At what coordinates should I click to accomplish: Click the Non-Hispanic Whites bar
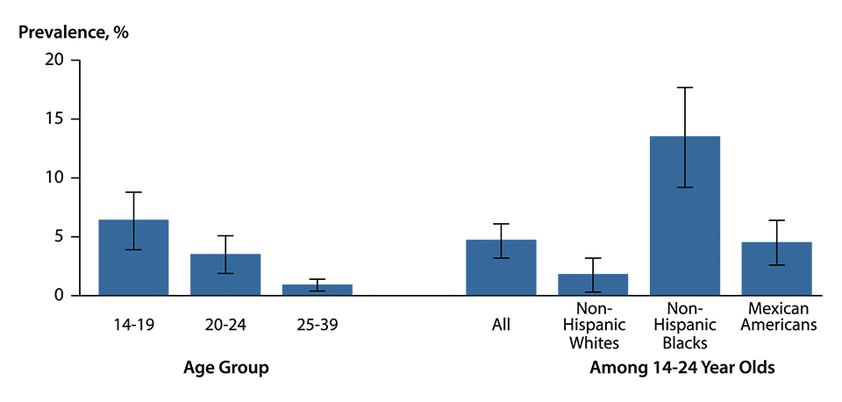coord(593,284)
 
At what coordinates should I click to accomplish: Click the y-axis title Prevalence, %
coord(74,32)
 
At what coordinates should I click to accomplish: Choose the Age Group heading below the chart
coord(225,369)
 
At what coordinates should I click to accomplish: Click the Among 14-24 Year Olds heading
coord(682,369)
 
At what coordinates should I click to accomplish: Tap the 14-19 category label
coord(133,325)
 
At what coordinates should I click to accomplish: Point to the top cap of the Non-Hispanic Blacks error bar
coord(685,88)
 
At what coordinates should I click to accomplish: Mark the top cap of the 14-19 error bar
coord(133,192)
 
